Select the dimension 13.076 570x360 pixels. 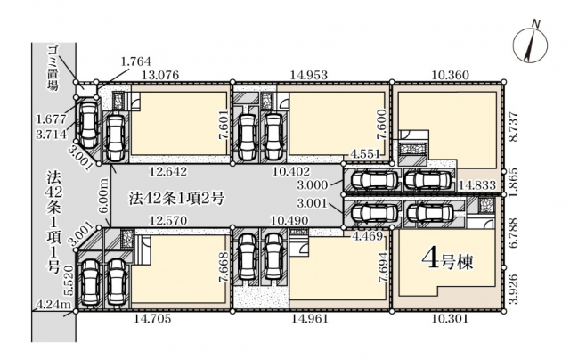coord(160,75)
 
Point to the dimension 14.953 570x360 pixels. coord(309,75)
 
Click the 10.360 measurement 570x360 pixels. coord(450,75)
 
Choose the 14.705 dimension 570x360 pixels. coord(152,319)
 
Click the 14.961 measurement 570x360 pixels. coord(310,319)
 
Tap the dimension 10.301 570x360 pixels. coord(449,319)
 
